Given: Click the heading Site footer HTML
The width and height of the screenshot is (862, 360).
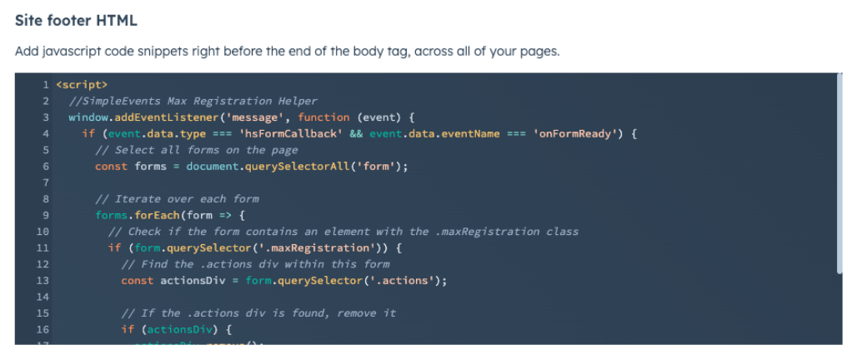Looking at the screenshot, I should pyautogui.click(x=76, y=19).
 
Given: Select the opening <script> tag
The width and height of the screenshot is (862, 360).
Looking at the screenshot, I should pyautogui.click(x=82, y=85).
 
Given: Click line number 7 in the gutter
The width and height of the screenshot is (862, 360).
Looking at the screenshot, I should pyautogui.click(x=44, y=182).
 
